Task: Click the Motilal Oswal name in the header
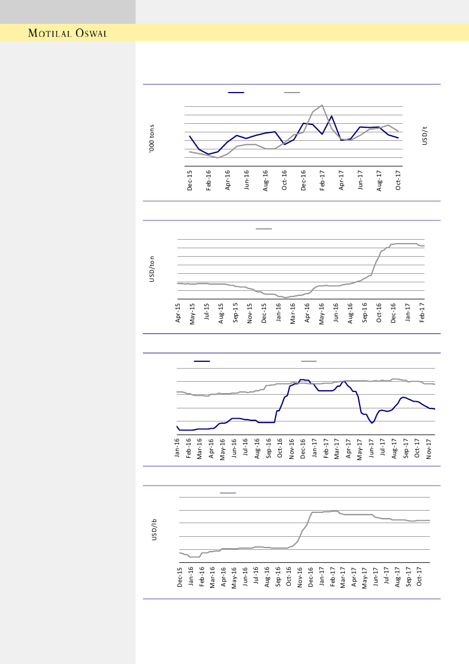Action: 67,33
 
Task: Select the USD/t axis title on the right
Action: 425,136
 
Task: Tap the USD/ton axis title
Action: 151,269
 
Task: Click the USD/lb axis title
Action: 154,529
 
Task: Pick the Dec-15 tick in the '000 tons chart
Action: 190,180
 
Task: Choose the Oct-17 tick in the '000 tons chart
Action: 399,180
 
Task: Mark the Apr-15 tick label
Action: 178,314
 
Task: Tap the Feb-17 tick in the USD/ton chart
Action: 422,314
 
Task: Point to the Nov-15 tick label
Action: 250,314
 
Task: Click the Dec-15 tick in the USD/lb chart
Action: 180,577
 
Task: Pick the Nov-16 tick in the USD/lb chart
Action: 300,577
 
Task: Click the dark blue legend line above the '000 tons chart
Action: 236,92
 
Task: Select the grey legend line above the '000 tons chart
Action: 292,92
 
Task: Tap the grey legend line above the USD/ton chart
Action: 264,229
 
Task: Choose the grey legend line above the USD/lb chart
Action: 228,493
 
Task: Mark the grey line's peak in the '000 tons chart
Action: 322,105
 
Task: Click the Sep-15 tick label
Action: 236,314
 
